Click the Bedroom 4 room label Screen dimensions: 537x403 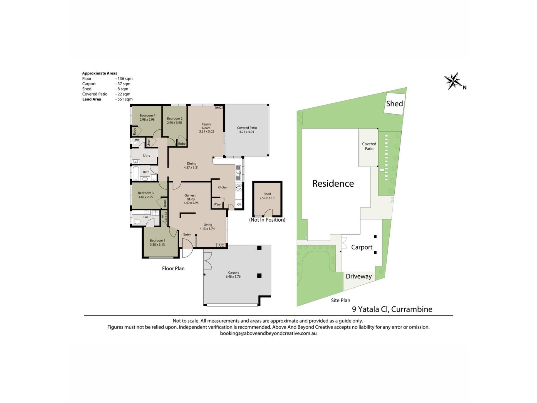[147, 115]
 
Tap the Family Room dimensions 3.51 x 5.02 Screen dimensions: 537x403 [206, 132]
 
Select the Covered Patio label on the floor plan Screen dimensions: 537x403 [247, 128]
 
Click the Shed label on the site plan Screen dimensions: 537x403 [394, 104]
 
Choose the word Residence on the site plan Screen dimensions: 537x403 [333, 183]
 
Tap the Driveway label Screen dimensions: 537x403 [359, 277]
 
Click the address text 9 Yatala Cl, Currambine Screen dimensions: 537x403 [392, 309]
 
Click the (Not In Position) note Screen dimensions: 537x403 [267, 220]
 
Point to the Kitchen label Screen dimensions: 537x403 [223, 187]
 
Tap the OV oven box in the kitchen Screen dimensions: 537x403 [239, 205]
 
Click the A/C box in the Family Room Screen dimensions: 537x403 [219, 107]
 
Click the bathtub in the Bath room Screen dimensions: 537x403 [135, 173]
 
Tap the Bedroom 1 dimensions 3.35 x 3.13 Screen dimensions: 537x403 [157, 245]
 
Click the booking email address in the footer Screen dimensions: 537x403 [268, 333]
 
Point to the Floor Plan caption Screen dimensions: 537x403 [173, 268]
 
